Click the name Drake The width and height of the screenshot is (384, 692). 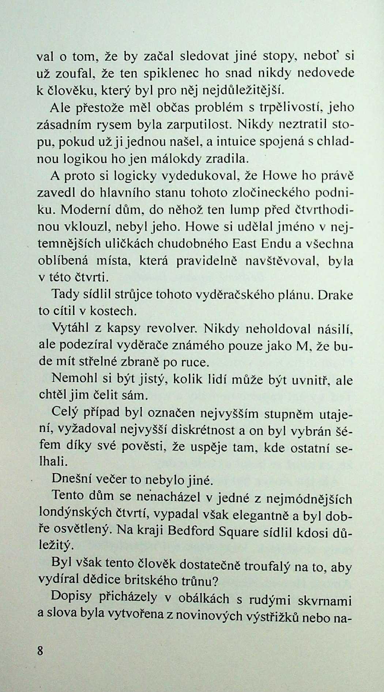coord(335,295)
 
